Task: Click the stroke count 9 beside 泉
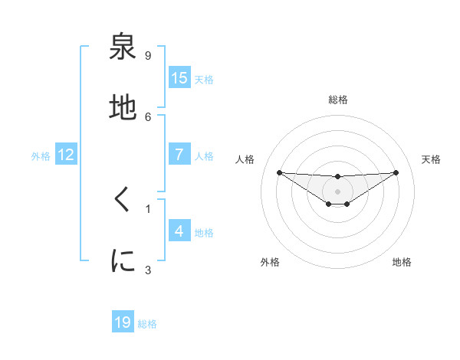click(148, 55)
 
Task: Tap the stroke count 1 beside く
click(148, 208)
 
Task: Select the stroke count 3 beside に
click(148, 269)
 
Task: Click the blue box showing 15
click(179, 77)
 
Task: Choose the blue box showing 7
click(179, 154)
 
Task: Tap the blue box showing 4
click(179, 231)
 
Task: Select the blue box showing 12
click(66, 154)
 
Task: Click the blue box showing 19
click(123, 322)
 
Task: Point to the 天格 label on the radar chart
click(431, 159)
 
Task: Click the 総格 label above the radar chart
click(337, 100)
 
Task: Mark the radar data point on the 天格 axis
click(396, 172)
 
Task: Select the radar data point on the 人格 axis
click(279, 172)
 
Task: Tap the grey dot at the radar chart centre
click(337, 191)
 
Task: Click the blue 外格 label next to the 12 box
click(41, 155)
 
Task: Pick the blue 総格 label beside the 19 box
click(147, 324)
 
